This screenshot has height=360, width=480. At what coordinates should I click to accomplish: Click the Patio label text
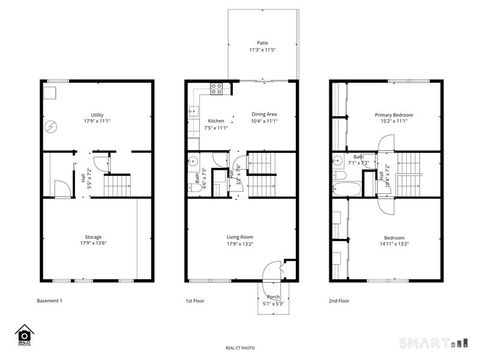[x=262, y=44]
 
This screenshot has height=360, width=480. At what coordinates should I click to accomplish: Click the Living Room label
[x=239, y=237]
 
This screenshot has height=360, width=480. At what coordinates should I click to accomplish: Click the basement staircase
[x=119, y=185]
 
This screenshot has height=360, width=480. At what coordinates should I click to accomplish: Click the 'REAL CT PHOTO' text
[x=240, y=347]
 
